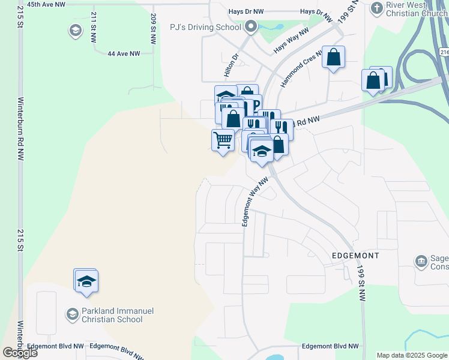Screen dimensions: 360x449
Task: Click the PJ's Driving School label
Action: (205, 27)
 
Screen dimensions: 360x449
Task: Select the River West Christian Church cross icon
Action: (376, 8)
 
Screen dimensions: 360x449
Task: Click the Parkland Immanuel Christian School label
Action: (112, 315)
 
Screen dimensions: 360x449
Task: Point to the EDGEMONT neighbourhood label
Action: (355, 256)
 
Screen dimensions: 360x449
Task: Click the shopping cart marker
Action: (223, 141)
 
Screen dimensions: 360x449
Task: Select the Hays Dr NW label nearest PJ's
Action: (246, 11)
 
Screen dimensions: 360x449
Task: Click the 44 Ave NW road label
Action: (124, 53)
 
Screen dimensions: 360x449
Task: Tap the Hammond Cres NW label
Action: (303, 67)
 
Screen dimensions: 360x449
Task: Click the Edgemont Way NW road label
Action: (255, 202)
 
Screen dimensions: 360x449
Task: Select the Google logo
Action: (20, 353)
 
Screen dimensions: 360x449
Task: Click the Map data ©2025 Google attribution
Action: (412, 355)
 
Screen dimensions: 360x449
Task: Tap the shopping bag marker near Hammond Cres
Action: (334, 58)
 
